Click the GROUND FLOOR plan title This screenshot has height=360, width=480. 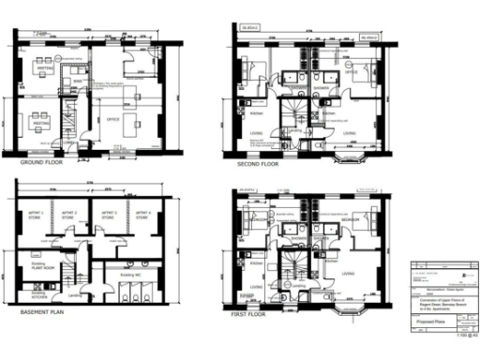tap(37, 161)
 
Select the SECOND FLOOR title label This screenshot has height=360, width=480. tap(258, 163)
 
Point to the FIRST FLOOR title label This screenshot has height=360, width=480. tap(248, 315)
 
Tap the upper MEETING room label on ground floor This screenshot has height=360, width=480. tap(42, 68)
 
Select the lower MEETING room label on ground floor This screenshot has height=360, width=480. tap(42, 120)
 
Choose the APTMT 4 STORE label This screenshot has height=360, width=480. tap(143, 216)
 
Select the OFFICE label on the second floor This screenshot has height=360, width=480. tap(352, 71)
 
